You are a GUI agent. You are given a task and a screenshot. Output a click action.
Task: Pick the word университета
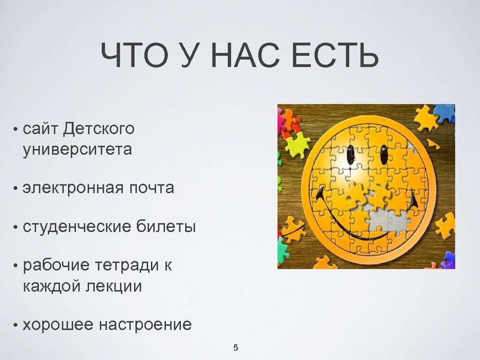click(77, 150)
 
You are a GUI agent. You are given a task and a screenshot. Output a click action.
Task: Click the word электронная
click(73, 188)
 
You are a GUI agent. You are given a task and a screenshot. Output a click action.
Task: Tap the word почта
click(151, 188)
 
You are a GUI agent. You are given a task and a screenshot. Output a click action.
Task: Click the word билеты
click(166, 227)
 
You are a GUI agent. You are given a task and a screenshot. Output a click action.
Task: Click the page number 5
click(236, 348)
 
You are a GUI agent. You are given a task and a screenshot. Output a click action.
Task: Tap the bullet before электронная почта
click(16, 189)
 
